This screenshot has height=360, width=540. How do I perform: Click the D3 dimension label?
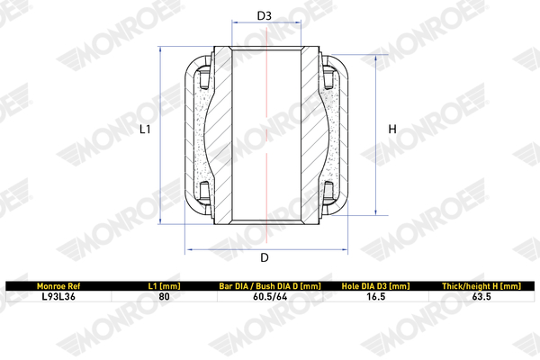pyautogui.click(x=264, y=15)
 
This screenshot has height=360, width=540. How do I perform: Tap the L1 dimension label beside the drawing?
pyautogui.click(x=145, y=130)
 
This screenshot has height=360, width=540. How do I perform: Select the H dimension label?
pyautogui.click(x=392, y=130)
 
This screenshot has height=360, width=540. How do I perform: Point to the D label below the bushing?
pyautogui.click(x=264, y=257)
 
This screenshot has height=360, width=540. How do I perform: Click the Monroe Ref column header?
pyautogui.click(x=58, y=286)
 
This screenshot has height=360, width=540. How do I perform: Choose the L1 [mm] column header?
pyautogui.click(x=165, y=286)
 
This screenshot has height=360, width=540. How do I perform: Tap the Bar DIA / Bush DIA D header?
pyautogui.click(x=270, y=286)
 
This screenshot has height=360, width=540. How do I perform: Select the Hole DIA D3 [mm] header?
pyautogui.click(x=375, y=286)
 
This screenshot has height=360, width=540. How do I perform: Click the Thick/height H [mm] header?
pyautogui.click(x=481, y=286)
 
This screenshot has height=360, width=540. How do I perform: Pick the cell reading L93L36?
pyautogui.click(x=58, y=297)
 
